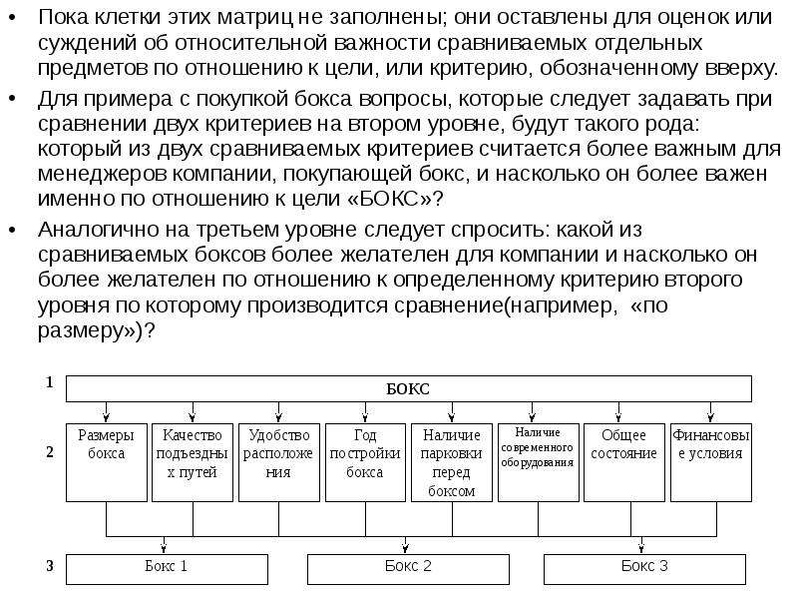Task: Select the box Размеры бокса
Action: (x=107, y=462)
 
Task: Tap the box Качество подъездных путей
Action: (x=193, y=462)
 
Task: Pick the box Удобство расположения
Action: (x=279, y=462)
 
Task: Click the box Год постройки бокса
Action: (x=365, y=462)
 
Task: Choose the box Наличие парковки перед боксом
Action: (x=452, y=462)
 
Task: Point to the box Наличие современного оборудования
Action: (x=538, y=462)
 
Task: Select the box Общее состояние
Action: (x=624, y=462)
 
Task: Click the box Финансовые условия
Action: (x=710, y=462)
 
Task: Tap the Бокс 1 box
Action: (x=167, y=568)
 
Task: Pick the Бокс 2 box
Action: (x=408, y=568)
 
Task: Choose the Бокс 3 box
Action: (x=645, y=568)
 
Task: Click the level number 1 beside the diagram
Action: (x=49, y=382)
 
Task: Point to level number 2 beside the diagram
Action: (x=49, y=452)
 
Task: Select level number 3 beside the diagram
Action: (x=49, y=566)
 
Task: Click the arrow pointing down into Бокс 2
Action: (x=405, y=546)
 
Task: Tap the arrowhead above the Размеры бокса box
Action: (x=107, y=417)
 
